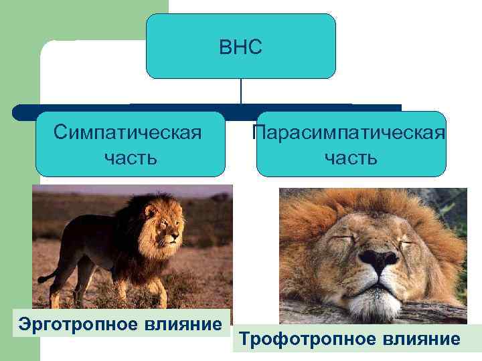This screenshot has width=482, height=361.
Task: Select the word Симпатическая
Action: click(130, 132)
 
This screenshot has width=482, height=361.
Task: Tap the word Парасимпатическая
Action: click(350, 132)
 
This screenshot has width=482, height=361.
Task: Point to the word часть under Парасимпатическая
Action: click(350, 158)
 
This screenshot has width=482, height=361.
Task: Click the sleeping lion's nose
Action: click(377, 261)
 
